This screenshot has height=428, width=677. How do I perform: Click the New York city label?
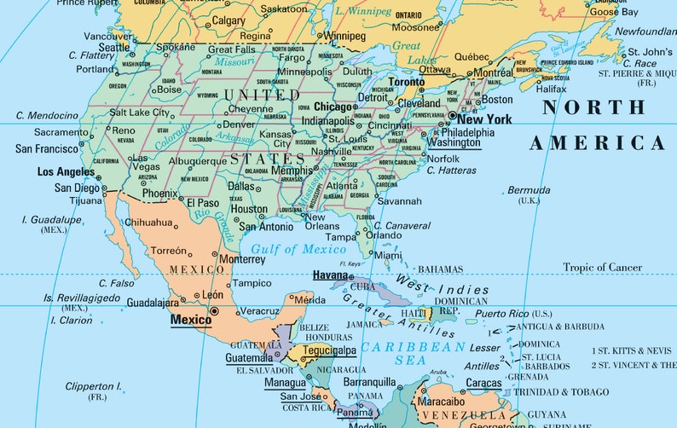(484, 119)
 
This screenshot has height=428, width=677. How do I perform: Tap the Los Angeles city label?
(66, 171)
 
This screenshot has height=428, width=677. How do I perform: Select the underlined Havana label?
(330, 275)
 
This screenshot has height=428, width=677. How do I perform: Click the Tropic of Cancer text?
(602, 267)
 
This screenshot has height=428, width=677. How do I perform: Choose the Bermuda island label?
(529, 189)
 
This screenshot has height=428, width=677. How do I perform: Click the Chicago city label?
(333, 107)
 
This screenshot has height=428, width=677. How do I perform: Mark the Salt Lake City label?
(139, 113)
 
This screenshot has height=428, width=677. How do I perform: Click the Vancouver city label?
(107, 36)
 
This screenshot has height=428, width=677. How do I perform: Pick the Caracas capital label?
(483, 384)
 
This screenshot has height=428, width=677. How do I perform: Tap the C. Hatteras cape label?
(452, 171)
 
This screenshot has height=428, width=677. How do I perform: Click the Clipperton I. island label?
(93, 386)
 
